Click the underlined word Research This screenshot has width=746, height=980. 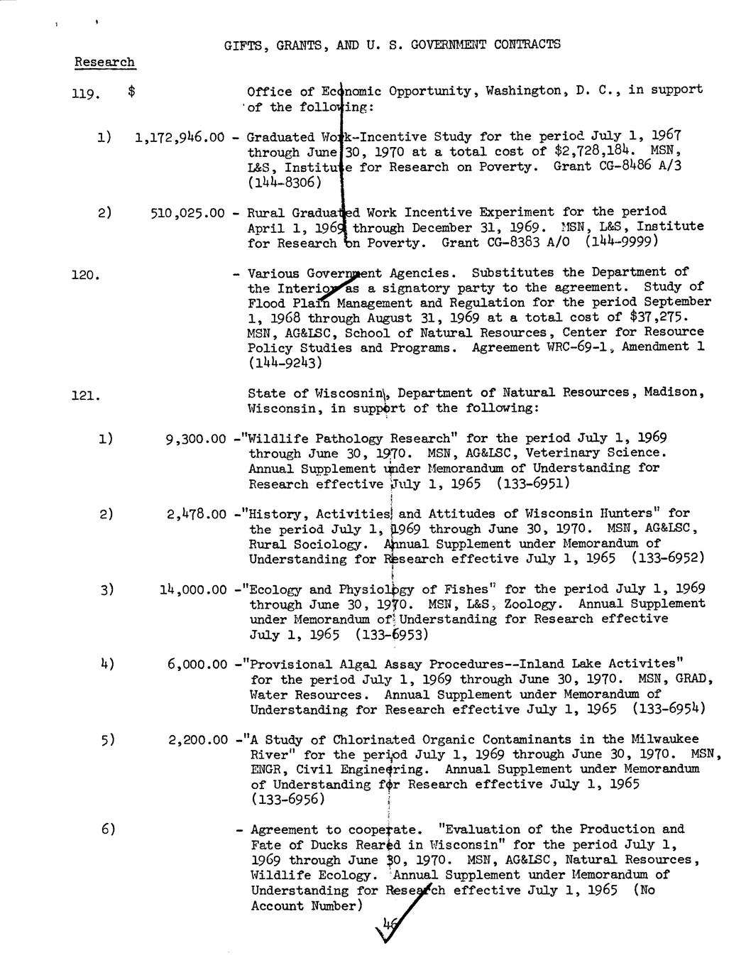pos(104,62)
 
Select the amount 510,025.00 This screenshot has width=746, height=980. pos(188,212)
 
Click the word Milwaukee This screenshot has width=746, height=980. pos(664,739)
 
